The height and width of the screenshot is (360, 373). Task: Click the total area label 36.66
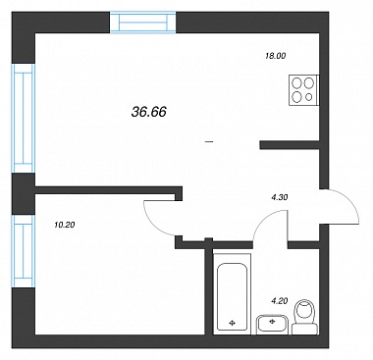coord(149,112)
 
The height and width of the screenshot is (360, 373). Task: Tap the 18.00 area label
coord(276,56)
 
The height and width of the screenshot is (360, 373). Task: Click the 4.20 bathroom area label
coord(280,300)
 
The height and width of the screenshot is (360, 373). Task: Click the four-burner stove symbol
coord(304,90)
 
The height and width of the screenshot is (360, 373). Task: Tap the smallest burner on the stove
coord(309,97)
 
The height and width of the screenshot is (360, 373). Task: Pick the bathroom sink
coord(272,325)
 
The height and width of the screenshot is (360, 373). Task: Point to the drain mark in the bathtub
coord(232,323)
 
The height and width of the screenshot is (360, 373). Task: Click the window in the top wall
coord(143,23)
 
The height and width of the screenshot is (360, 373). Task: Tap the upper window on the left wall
coord(24,118)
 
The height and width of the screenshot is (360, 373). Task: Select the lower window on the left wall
coord(24,251)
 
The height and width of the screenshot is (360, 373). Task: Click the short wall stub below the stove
coord(290,145)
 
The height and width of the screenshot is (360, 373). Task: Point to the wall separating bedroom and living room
coord(108,190)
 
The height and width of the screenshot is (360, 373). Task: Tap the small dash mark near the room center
coord(209,142)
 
